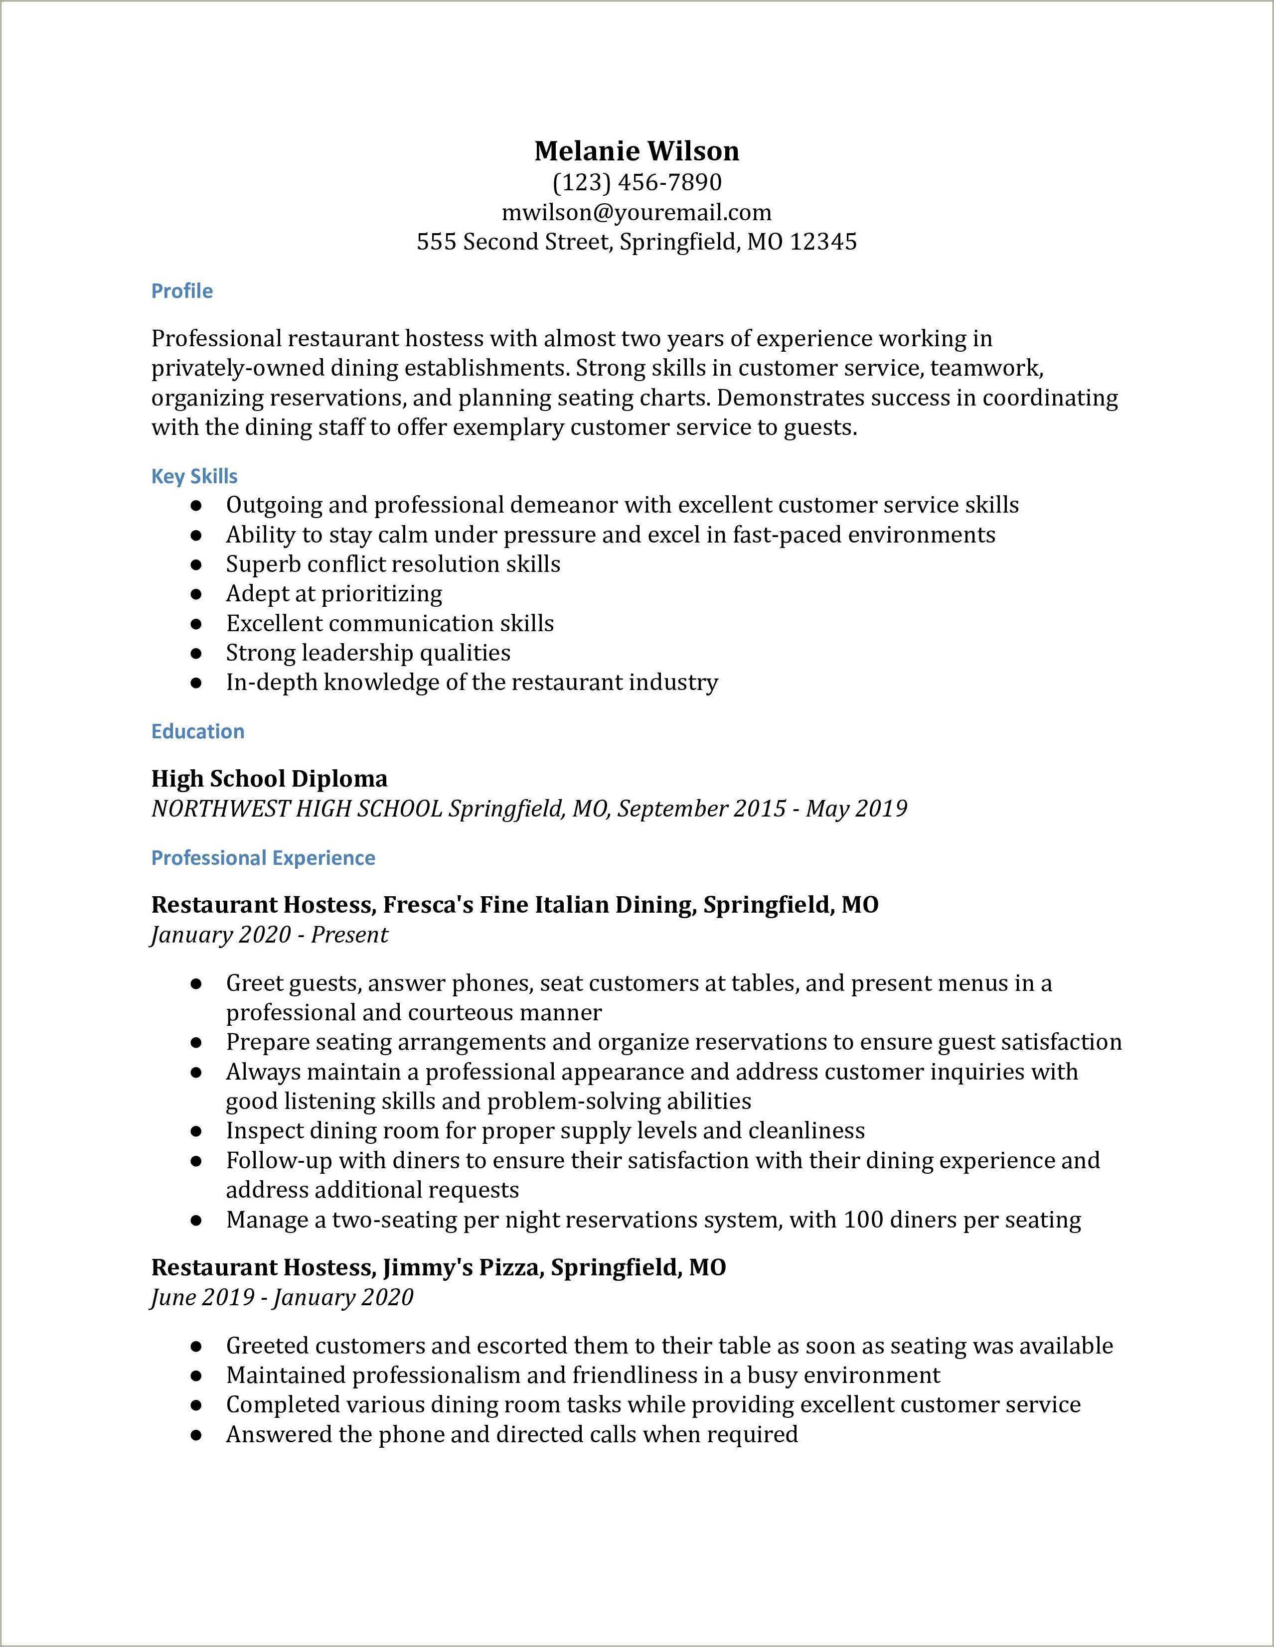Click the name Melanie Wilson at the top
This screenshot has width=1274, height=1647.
pyautogui.click(x=637, y=151)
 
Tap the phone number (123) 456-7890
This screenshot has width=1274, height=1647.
pyautogui.click(x=637, y=182)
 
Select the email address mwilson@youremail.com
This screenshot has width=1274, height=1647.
pyautogui.click(x=637, y=213)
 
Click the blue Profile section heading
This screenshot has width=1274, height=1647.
pyautogui.click(x=182, y=291)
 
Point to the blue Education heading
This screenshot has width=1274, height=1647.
pyautogui.click(x=197, y=731)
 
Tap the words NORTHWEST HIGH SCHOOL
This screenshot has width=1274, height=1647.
pyautogui.click(x=297, y=809)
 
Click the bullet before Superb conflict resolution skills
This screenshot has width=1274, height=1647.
pyautogui.click(x=196, y=565)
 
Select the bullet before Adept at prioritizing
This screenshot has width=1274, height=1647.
pyautogui.click(x=196, y=594)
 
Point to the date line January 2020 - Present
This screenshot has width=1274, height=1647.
pyautogui.click(x=269, y=935)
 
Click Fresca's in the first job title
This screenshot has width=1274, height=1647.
pyautogui.click(x=417, y=904)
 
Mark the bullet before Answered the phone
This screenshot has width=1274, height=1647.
pyautogui.click(x=196, y=1435)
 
